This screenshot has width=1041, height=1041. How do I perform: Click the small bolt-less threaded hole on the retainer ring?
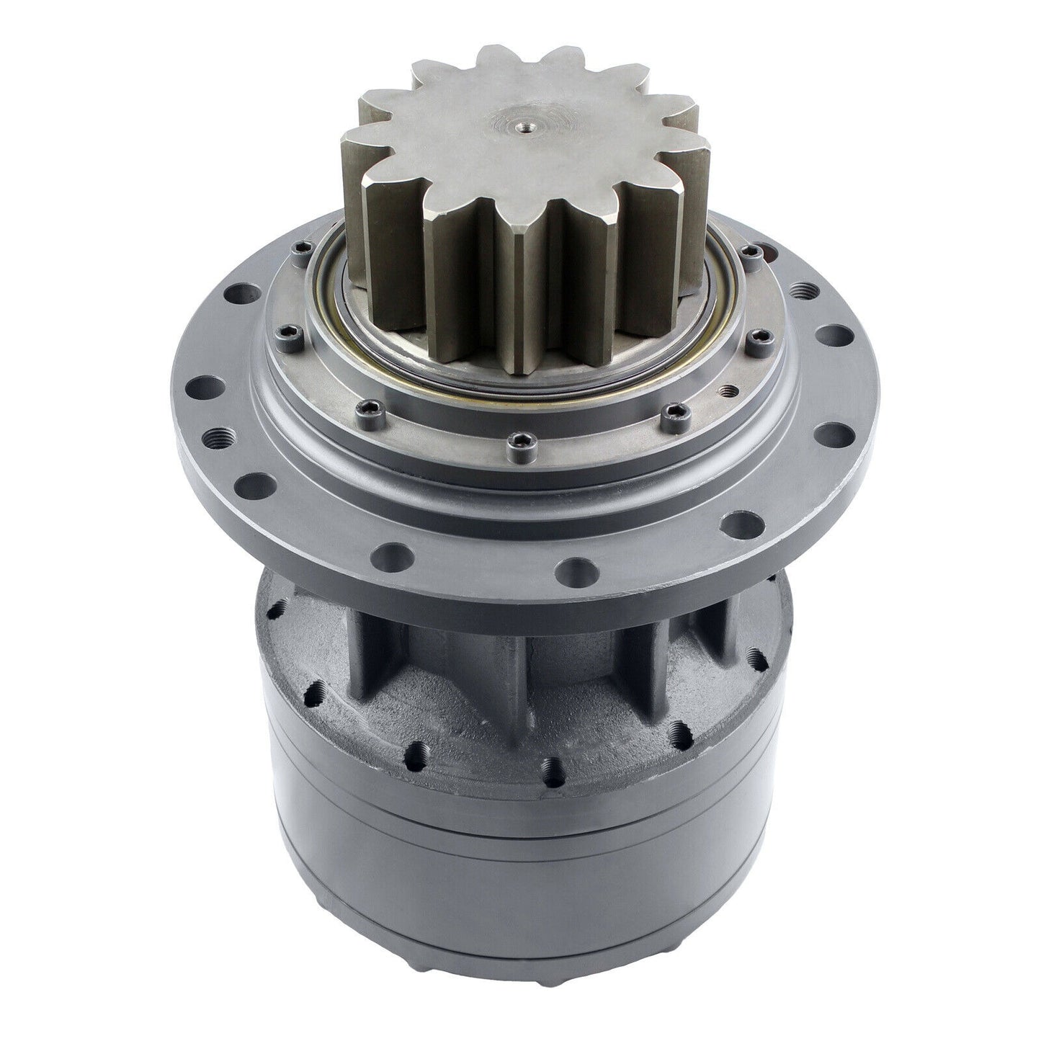pos(733,390)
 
